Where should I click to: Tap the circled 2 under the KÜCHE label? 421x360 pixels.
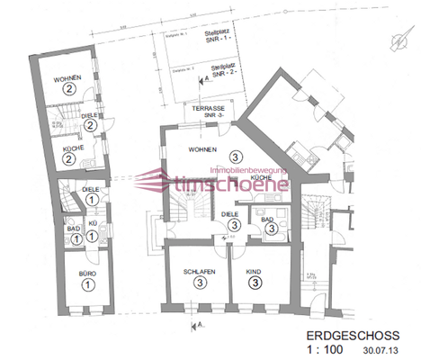(67, 159)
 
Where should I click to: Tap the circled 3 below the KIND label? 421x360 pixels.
(255, 283)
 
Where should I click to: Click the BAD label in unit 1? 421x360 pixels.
(74, 229)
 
